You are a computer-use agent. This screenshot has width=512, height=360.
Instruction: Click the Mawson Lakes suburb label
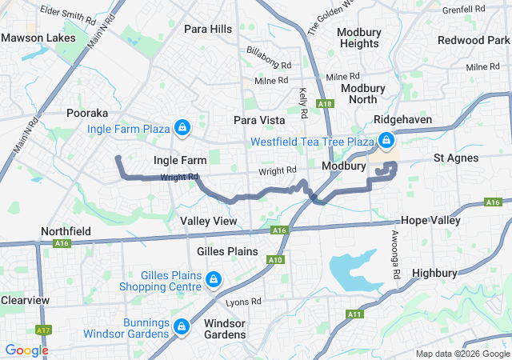(x=38, y=38)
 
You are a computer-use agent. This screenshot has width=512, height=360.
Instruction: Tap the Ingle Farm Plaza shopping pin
(x=183, y=128)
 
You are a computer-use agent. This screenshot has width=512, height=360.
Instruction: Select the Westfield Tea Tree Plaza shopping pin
(x=386, y=142)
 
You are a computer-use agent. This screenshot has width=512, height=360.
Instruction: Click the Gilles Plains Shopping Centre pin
(x=213, y=279)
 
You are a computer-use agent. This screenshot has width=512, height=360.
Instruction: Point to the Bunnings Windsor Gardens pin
(x=182, y=327)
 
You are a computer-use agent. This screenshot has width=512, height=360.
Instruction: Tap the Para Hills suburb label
(x=208, y=29)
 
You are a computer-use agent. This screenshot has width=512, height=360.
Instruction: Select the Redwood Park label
(x=474, y=40)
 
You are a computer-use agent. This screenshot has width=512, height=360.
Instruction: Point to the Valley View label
(x=208, y=220)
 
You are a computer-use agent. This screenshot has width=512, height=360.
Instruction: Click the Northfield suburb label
(x=66, y=231)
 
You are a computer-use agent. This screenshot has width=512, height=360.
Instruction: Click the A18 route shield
(x=324, y=104)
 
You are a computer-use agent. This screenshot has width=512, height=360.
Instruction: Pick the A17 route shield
(x=43, y=330)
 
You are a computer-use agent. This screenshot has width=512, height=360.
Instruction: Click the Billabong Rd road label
(x=269, y=62)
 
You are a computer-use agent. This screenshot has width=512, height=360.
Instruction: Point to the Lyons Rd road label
(x=243, y=302)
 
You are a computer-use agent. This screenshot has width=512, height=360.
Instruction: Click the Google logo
(x=26, y=350)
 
